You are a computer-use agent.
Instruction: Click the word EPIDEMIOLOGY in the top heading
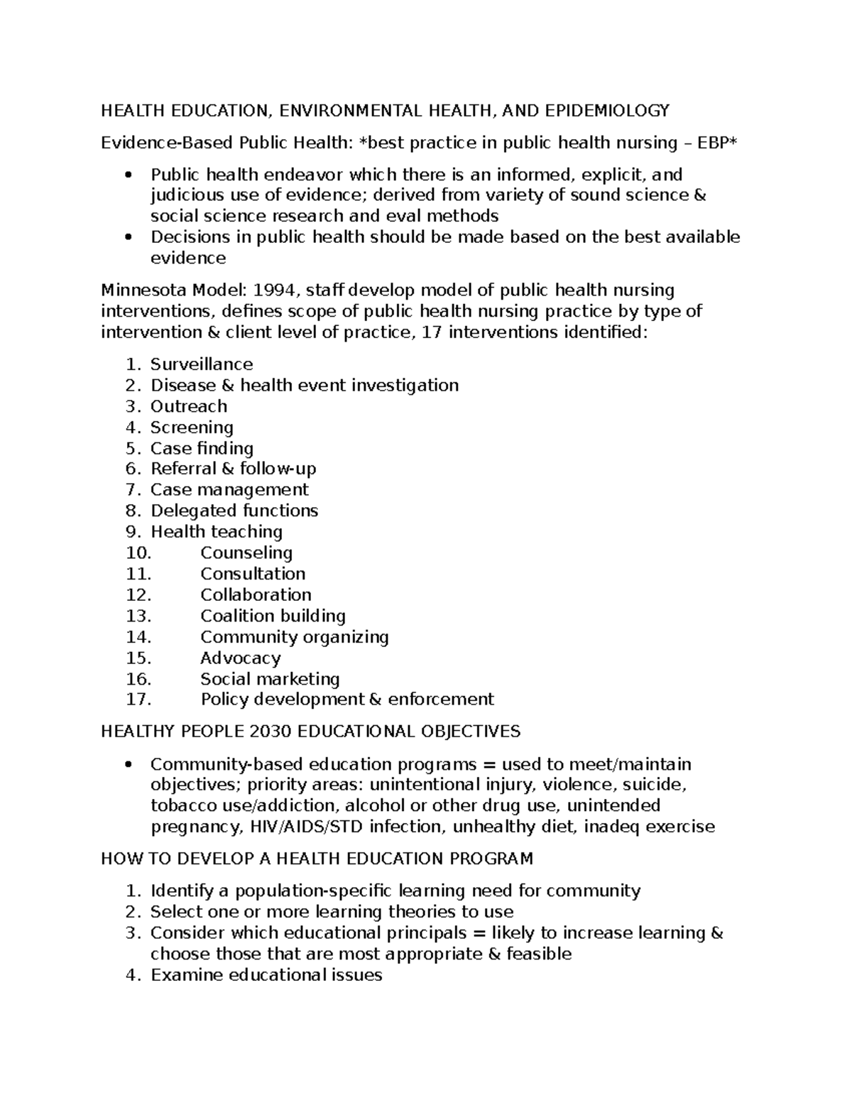(607, 110)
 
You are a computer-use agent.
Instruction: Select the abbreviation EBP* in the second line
(718, 143)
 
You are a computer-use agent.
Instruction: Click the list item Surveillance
(202, 364)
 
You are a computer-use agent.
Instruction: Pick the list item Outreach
(189, 406)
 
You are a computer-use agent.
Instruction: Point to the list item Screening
(192, 427)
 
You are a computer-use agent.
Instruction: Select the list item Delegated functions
(234, 511)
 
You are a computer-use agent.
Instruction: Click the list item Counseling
(246, 553)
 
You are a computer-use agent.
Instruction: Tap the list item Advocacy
(241, 658)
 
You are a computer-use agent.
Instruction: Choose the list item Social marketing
(270, 679)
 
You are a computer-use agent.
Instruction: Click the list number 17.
(138, 700)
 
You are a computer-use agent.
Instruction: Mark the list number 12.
(138, 594)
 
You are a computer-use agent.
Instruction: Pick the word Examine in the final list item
(187, 975)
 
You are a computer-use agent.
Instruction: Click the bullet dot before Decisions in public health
(128, 237)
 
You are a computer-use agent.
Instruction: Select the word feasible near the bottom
(539, 954)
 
